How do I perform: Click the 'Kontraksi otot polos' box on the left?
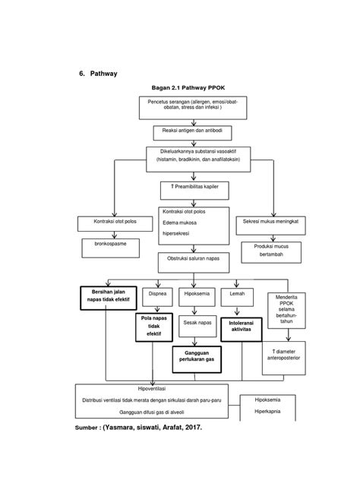pos(112,222)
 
